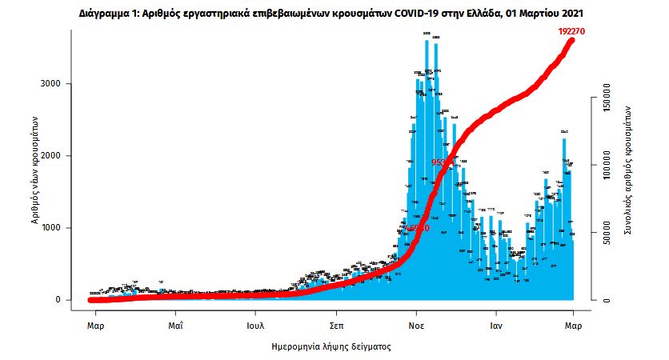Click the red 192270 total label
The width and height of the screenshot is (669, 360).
pyautogui.click(x=574, y=30)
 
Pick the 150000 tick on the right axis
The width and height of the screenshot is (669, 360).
pyautogui.click(x=606, y=102)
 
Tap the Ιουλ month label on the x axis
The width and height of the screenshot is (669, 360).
pyautogui.click(x=256, y=326)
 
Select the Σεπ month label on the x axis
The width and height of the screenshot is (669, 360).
pyautogui.click(x=336, y=326)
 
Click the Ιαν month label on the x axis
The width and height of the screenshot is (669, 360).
pyautogui.click(x=496, y=326)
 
